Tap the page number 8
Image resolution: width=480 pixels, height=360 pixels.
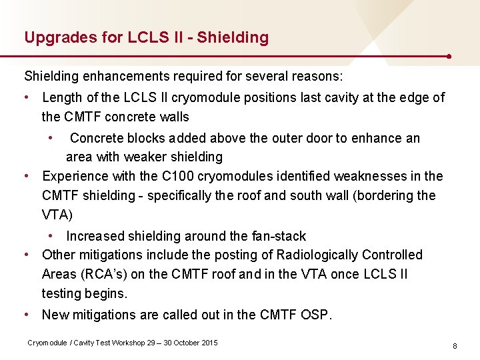pyautogui.click(x=454, y=346)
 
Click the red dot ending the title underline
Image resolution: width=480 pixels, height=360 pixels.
pyautogui.click(x=451, y=56)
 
